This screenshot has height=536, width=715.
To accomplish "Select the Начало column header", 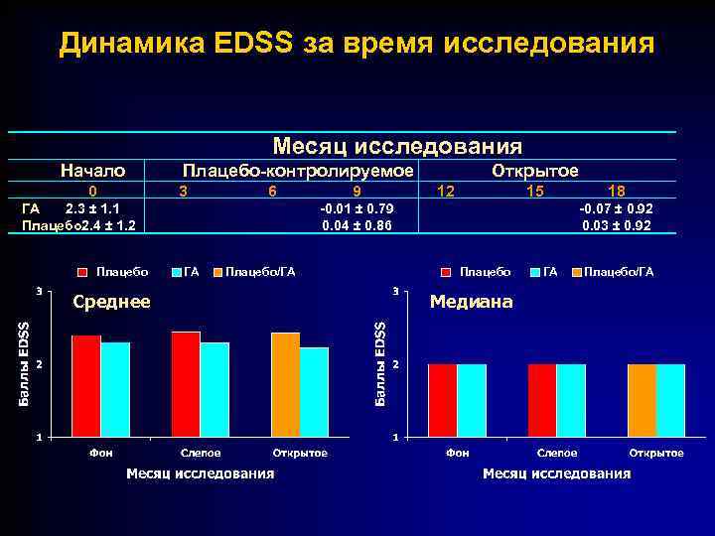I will point(92,171).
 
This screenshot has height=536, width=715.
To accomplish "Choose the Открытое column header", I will point(535,171).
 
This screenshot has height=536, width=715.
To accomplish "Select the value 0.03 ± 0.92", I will point(617,225).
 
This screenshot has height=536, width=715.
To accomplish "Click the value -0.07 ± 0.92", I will point(617,208).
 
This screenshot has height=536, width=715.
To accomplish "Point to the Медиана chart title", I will point(471,302).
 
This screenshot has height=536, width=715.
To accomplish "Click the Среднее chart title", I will point(111,302).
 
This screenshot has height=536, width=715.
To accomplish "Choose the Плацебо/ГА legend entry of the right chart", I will point(619,271).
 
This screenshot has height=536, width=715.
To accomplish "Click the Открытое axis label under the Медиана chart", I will point(656,453).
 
